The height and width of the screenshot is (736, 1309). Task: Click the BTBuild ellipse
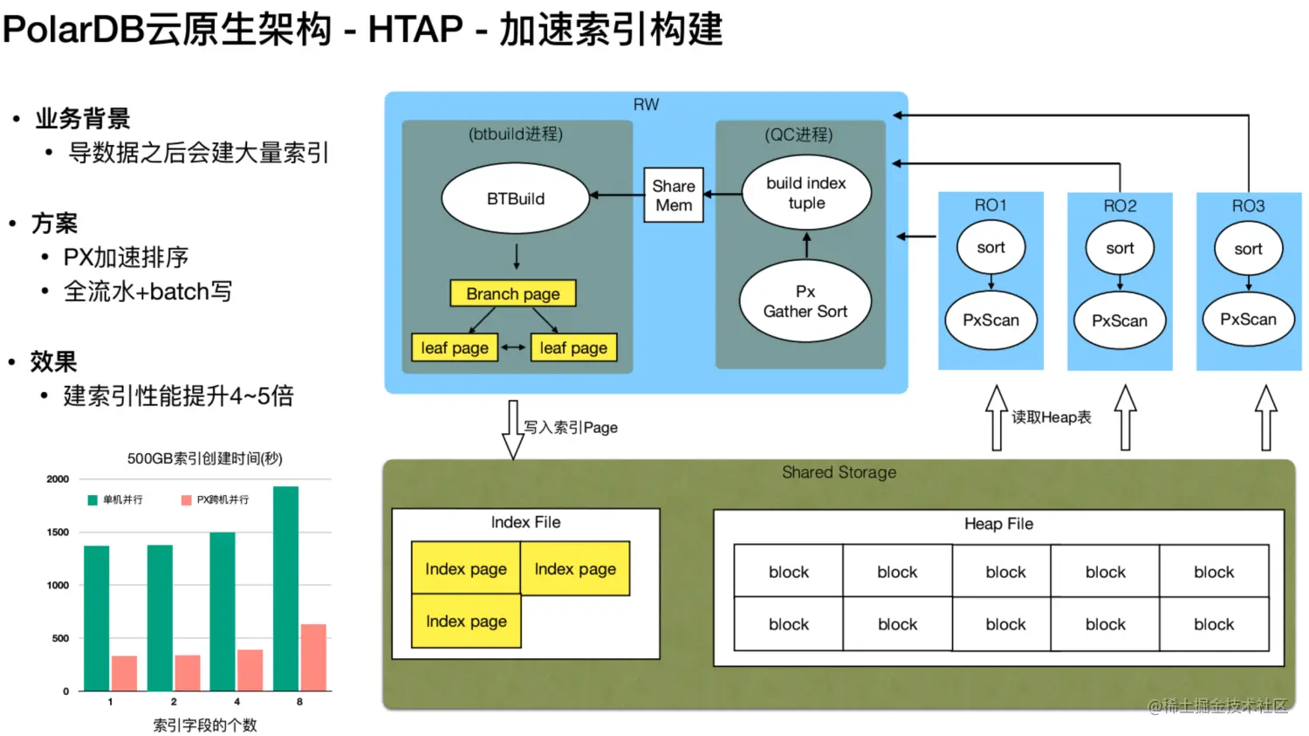[x=516, y=198]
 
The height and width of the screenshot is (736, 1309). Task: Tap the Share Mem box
[x=673, y=196]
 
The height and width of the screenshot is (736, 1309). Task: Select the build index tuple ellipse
[x=806, y=193]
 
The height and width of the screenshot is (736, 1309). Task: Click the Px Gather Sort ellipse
[x=805, y=301]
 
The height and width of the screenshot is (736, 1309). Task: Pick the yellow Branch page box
[x=512, y=293]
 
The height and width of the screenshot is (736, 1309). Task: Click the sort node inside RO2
[x=1120, y=248]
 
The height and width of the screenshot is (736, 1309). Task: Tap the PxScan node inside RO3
[x=1248, y=320]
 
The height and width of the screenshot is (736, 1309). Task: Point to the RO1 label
[x=990, y=205]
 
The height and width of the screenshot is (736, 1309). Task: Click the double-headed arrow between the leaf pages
[x=513, y=347]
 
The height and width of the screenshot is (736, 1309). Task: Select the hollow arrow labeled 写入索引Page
[x=513, y=430]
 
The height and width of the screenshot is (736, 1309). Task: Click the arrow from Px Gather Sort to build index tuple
[x=807, y=245]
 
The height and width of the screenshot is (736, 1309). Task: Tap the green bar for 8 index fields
[x=285, y=588]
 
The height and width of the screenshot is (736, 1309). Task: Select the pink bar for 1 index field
[x=125, y=673]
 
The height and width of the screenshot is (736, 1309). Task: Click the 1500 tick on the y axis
[x=58, y=532]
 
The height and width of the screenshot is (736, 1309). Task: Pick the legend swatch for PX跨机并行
[x=187, y=499]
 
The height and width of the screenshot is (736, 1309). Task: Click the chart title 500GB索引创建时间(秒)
[x=204, y=458]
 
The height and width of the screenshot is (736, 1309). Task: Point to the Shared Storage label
[x=839, y=472]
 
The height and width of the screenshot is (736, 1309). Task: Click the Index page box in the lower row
[x=466, y=621]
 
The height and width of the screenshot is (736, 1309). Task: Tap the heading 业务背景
[x=82, y=119]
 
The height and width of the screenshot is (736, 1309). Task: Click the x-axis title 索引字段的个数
[x=205, y=726]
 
